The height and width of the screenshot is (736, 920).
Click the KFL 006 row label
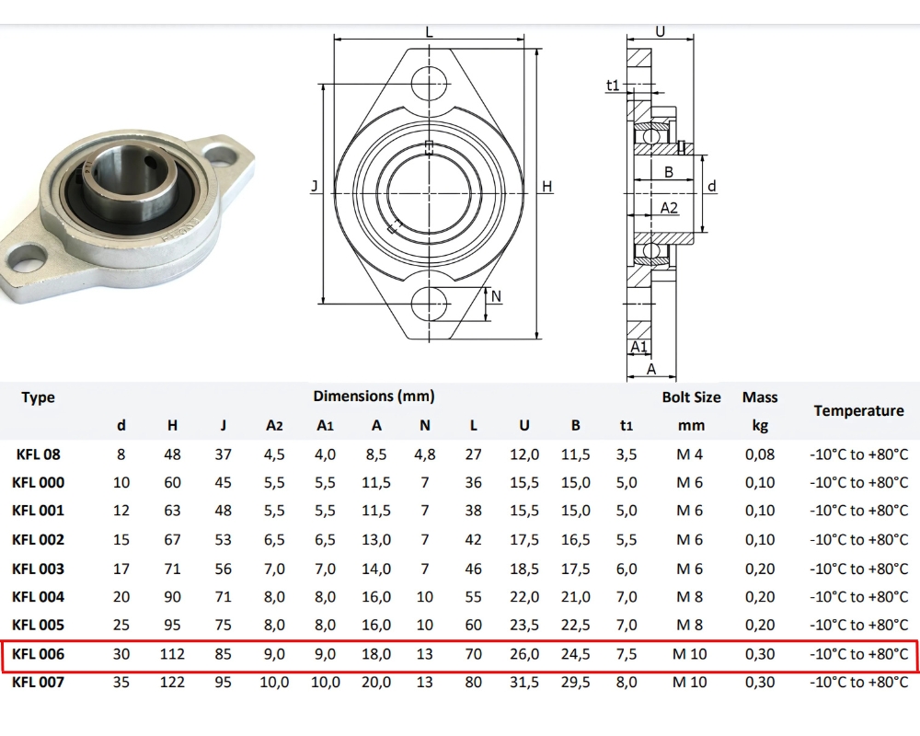click(x=38, y=654)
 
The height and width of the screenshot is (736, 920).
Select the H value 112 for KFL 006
click(x=172, y=654)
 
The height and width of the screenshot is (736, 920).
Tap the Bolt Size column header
click(x=691, y=397)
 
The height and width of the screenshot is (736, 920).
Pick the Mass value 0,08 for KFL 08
click(x=760, y=454)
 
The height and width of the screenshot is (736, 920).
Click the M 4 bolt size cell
click(x=689, y=454)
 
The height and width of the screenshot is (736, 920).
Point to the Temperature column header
click(x=858, y=411)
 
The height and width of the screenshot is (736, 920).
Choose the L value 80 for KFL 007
click(x=474, y=682)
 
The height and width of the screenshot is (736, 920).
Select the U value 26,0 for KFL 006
click(x=524, y=654)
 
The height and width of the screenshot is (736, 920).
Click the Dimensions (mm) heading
click(x=374, y=397)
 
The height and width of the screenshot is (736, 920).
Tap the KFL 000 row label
click(x=38, y=482)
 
